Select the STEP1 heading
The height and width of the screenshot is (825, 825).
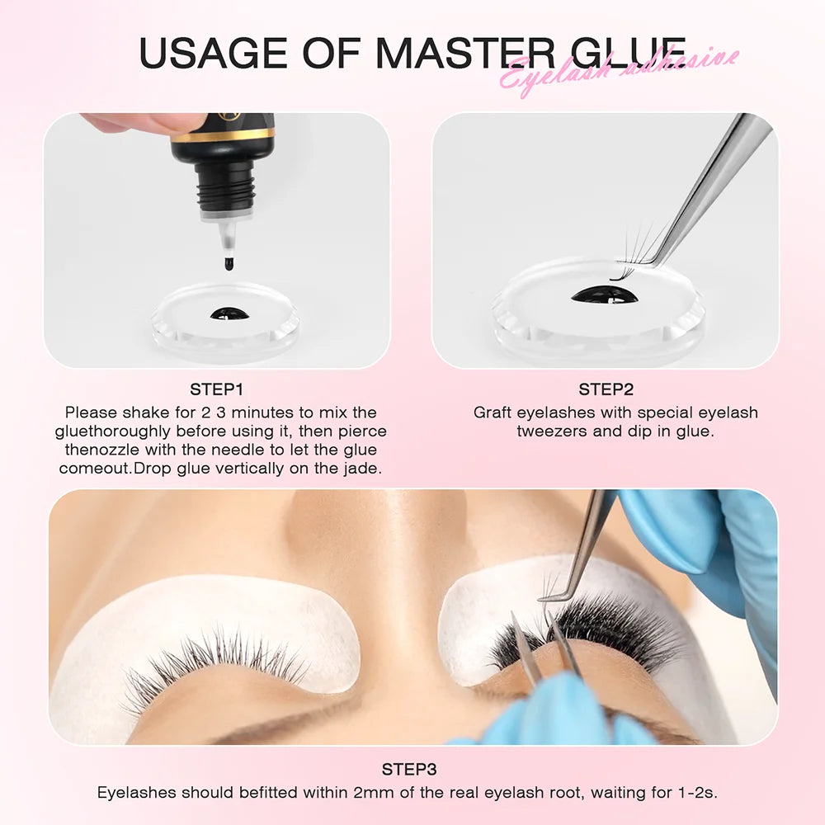(217, 389)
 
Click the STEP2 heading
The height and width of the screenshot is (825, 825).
(606, 389)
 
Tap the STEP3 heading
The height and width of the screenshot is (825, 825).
(409, 769)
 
